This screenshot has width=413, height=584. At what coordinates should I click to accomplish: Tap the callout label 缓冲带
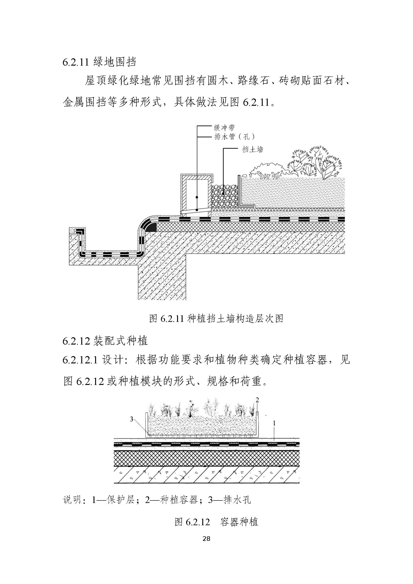click(224, 128)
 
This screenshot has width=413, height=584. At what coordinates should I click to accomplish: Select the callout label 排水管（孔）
click(234, 137)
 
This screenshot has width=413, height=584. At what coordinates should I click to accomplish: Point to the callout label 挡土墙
click(252, 149)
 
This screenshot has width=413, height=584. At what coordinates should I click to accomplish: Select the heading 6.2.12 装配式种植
click(105, 341)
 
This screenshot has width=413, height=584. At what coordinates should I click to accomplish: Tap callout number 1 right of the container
click(274, 423)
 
